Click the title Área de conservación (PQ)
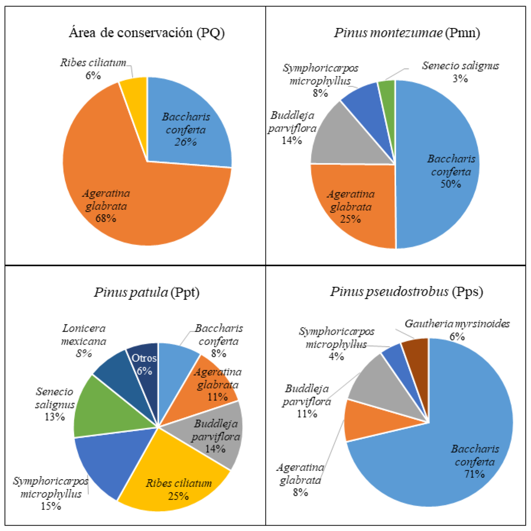pyautogui.click(x=146, y=33)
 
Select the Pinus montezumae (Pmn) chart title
pyautogui.click(x=407, y=33)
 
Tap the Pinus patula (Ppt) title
pyautogui.click(x=146, y=293)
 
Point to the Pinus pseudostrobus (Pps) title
pyautogui.click(x=406, y=292)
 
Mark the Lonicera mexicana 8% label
pyautogui.click(x=84, y=341)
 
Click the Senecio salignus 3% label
pyautogui.click(x=460, y=72)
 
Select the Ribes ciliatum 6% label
pyautogui.click(x=93, y=68)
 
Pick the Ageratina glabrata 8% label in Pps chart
pyautogui.click(x=300, y=480)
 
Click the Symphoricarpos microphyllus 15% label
pyautogui.click(x=51, y=494)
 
